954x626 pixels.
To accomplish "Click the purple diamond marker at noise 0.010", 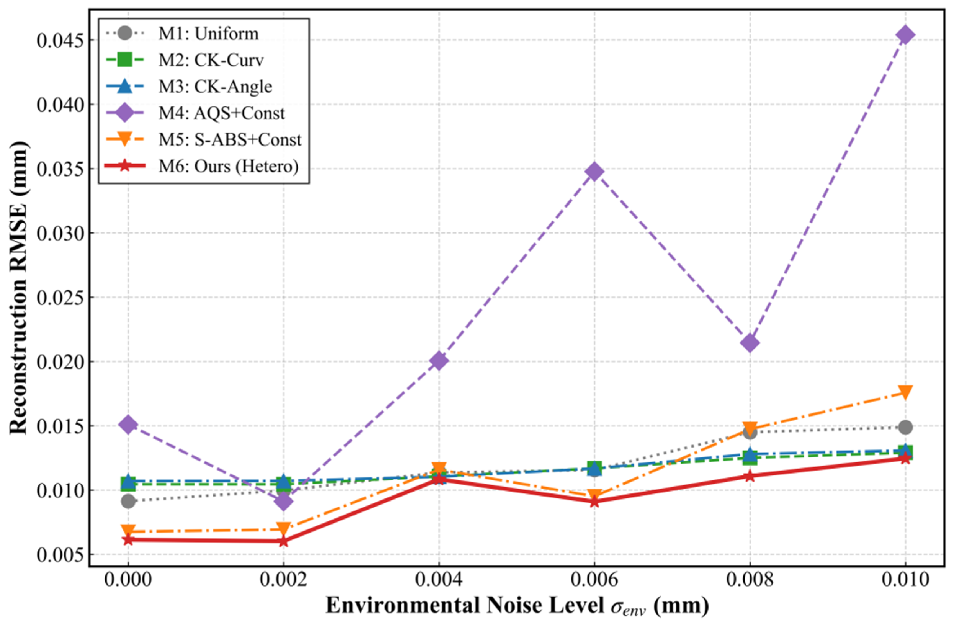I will pyautogui.click(x=905, y=35).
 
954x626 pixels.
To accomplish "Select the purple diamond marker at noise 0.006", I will pyautogui.click(x=594, y=172).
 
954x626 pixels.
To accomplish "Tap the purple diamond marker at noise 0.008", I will pyautogui.click(x=750, y=343).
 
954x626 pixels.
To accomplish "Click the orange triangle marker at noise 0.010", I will pyautogui.click(x=905, y=392).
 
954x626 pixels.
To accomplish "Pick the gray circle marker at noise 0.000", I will pyautogui.click(x=128, y=501).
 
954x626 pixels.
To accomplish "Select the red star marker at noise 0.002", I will pyautogui.click(x=283, y=541).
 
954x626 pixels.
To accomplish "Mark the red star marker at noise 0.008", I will pyautogui.click(x=750, y=476).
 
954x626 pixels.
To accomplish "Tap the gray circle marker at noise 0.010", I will pyautogui.click(x=905, y=427).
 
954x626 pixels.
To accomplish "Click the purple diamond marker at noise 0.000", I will pyautogui.click(x=128, y=424).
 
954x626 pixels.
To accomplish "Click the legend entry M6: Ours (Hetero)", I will pyautogui.click(x=228, y=166).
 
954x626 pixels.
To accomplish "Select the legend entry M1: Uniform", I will pyautogui.click(x=208, y=34).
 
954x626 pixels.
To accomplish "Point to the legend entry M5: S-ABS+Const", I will pyautogui.click(x=230, y=140).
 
